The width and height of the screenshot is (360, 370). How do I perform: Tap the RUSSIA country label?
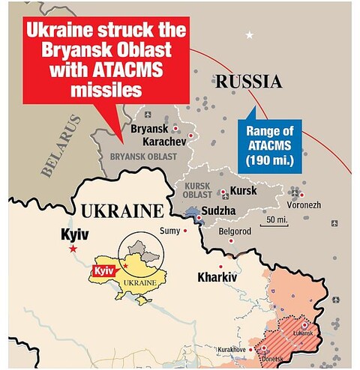point(248,82)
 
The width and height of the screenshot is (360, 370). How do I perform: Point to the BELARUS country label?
point(61,146)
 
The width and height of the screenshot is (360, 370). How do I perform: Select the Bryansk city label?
point(149,129)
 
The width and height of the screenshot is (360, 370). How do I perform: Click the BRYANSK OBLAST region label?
point(143,156)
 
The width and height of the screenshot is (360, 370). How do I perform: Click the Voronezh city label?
point(303,204)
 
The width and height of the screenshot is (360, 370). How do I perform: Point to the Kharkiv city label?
point(217,277)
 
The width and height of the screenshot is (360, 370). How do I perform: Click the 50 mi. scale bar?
point(274,220)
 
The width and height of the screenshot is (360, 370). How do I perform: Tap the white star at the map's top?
point(250,34)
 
